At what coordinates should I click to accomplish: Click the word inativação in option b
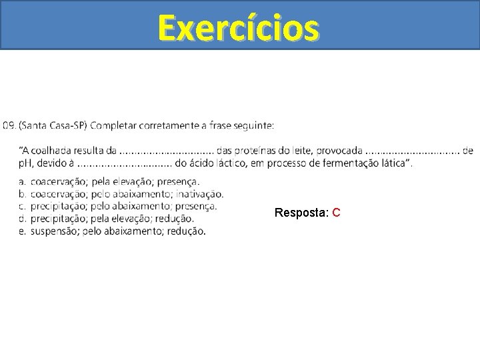pos(200,194)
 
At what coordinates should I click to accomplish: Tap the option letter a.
pos(22,181)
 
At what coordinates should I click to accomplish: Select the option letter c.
pos(22,207)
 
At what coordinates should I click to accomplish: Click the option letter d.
pos(22,219)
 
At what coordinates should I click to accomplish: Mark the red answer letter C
pos(337,213)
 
